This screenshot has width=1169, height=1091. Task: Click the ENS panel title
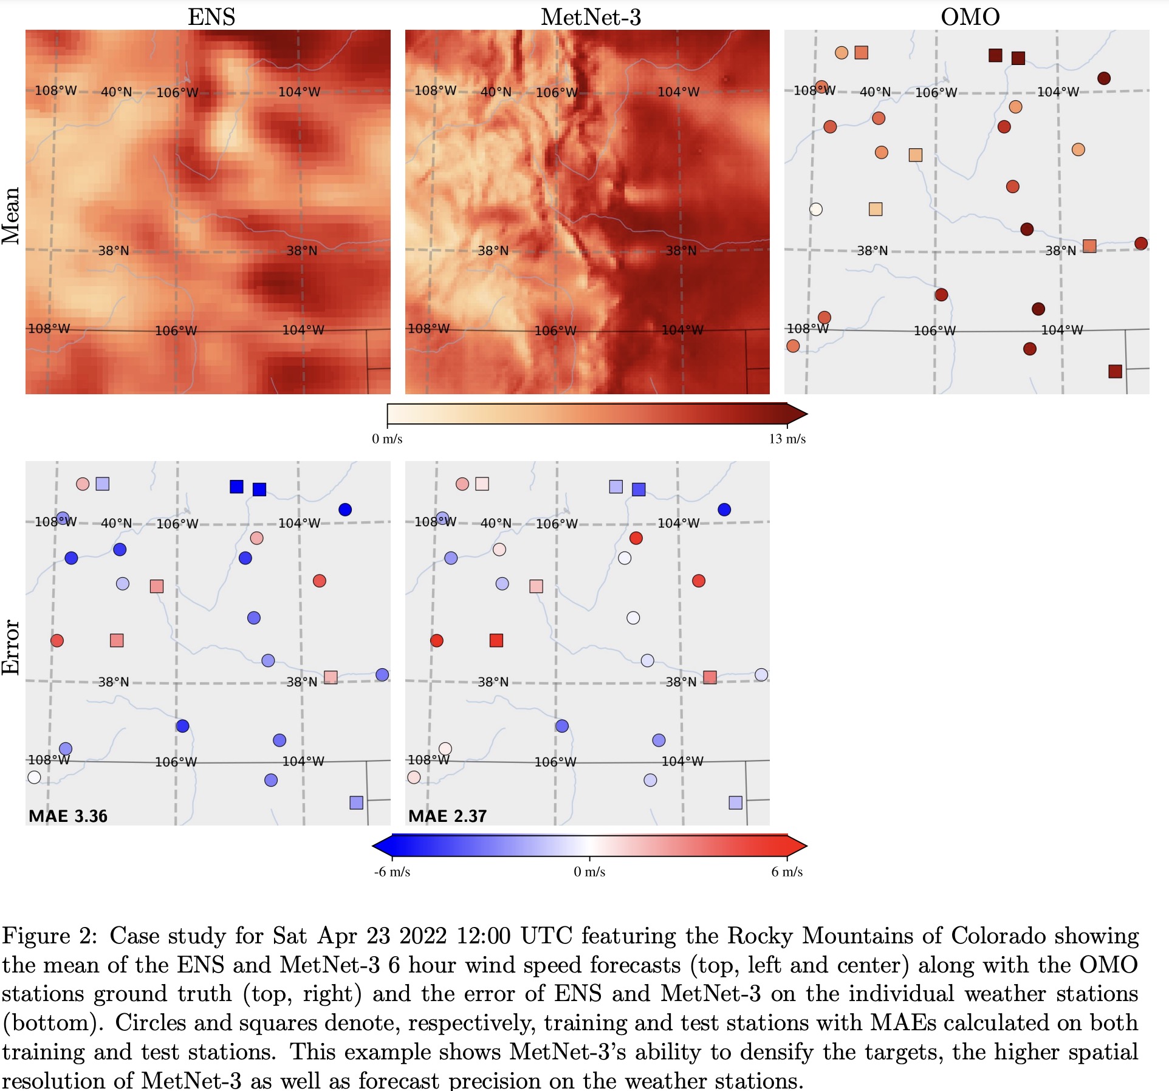click(x=211, y=16)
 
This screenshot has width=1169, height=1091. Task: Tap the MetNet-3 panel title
click(x=591, y=16)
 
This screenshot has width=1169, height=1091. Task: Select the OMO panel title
click(x=970, y=16)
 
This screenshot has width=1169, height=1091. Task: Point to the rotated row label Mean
click(x=12, y=216)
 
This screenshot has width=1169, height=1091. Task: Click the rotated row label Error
click(x=12, y=647)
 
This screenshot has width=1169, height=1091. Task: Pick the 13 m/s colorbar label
click(x=787, y=439)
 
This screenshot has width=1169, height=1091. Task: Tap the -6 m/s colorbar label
click(x=392, y=872)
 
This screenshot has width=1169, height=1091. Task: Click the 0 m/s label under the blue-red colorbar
click(x=589, y=872)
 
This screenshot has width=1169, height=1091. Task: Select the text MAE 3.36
click(x=68, y=816)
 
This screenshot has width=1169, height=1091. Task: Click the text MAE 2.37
click(x=448, y=816)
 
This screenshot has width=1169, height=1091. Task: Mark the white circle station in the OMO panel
click(x=816, y=209)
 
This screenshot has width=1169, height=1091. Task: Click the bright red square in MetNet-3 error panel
click(x=496, y=640)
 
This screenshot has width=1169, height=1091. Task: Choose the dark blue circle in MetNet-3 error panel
click(x=724, y=510)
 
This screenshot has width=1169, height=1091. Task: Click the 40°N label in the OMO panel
click(x=875, y=92)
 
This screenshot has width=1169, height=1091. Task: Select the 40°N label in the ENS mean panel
click(x=116, y=92)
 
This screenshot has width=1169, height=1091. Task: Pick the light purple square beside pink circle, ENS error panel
click(x=103, y=484)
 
